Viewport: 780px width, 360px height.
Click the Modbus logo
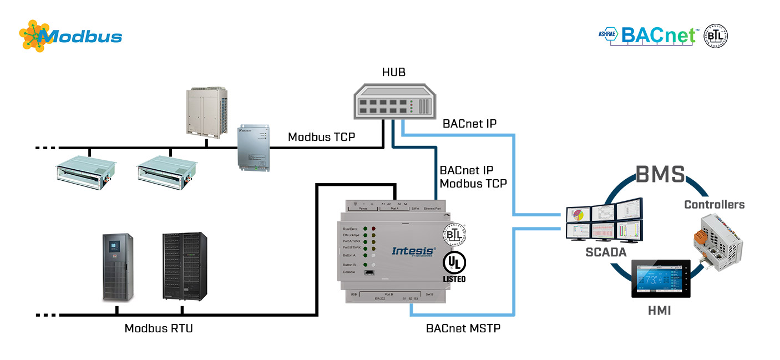[x=70, y=37]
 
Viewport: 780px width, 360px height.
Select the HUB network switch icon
[x=393, y=100]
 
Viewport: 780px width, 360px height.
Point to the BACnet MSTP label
[x=463, y=328]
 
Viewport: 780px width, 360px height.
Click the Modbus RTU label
[x=159, y=328]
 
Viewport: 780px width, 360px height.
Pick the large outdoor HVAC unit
[x=205, y=110]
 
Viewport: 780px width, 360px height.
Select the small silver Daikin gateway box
[x=254, y=146]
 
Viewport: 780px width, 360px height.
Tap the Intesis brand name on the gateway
[x=413, y=251]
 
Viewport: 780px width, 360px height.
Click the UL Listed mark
[x=454, y=266]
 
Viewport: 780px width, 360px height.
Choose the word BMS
[x=660, y=174]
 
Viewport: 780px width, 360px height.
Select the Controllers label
[x=714, y=205]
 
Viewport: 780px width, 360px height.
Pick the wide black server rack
[x=184, y=266]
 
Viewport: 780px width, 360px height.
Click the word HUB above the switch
[x=393, y=73]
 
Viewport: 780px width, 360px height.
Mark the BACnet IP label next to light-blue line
[x=469, y=124]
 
